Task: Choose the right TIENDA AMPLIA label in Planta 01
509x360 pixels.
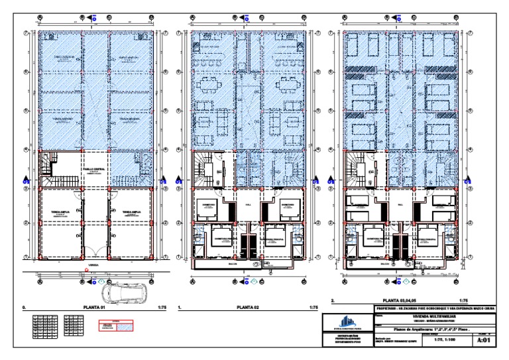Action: (131, 213)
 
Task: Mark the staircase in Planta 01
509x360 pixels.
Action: (52, 171)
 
